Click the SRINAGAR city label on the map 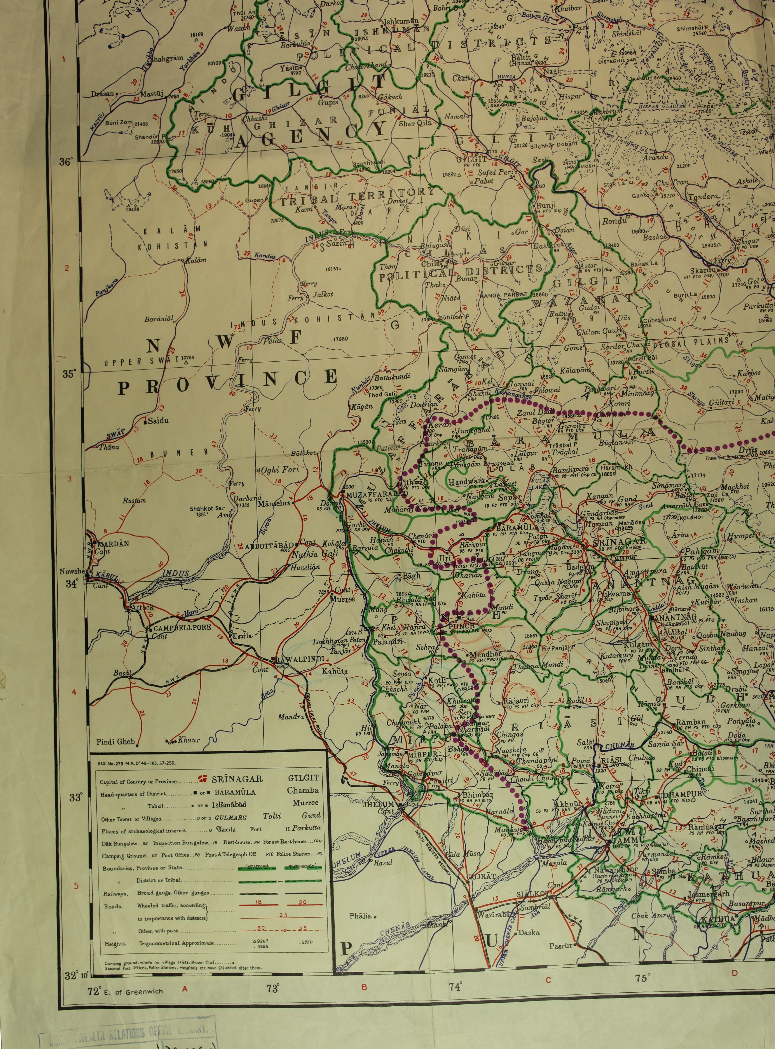pyautogui.click(x=619, y=541)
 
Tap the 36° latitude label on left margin pyautogui.click(x=67, y=162)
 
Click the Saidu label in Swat pyautogui.click(x=158, y=421)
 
